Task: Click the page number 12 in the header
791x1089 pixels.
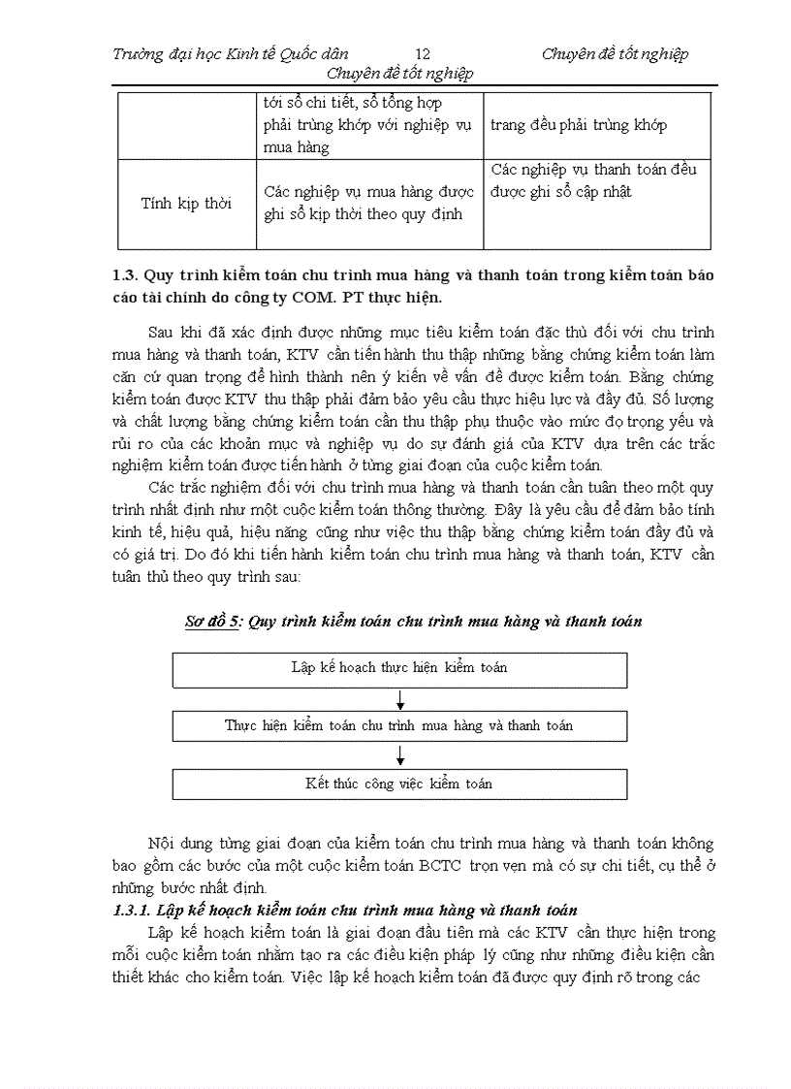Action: [422, 54]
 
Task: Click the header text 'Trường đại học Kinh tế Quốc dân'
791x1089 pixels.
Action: [231, 54]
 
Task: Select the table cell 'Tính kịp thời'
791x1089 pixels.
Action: [187, 204]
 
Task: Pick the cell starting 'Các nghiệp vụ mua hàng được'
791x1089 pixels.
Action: [368, 203]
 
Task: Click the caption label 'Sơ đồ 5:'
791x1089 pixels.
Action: [213, 622]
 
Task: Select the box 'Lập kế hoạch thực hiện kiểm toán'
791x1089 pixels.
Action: [399, 668]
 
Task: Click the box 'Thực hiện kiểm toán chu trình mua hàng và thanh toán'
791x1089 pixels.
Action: [399, 725]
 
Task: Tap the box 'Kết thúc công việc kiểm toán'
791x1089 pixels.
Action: [399, 784]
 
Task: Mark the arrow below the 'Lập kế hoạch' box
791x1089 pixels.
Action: [400, 699]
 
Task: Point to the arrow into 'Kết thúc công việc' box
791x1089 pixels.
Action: [400, 756]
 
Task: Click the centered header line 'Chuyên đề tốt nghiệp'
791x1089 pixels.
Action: [400, 75]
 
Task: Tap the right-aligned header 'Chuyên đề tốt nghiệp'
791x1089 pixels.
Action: [615, 54]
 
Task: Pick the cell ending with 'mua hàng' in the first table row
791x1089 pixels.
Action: [368, 125]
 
